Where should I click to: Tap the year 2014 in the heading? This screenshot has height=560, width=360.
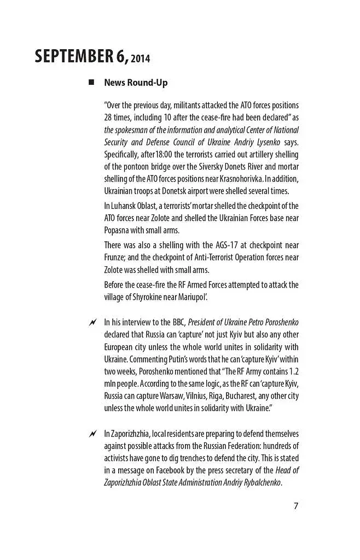140,59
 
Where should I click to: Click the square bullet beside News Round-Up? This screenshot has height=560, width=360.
91,83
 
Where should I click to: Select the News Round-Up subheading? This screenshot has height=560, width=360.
136,83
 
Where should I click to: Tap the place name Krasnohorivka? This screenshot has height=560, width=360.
248,179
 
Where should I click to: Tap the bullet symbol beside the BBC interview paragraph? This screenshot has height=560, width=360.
92,322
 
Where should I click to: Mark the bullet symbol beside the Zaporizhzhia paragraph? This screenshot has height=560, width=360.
92,434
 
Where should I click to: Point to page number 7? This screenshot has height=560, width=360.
296,505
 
